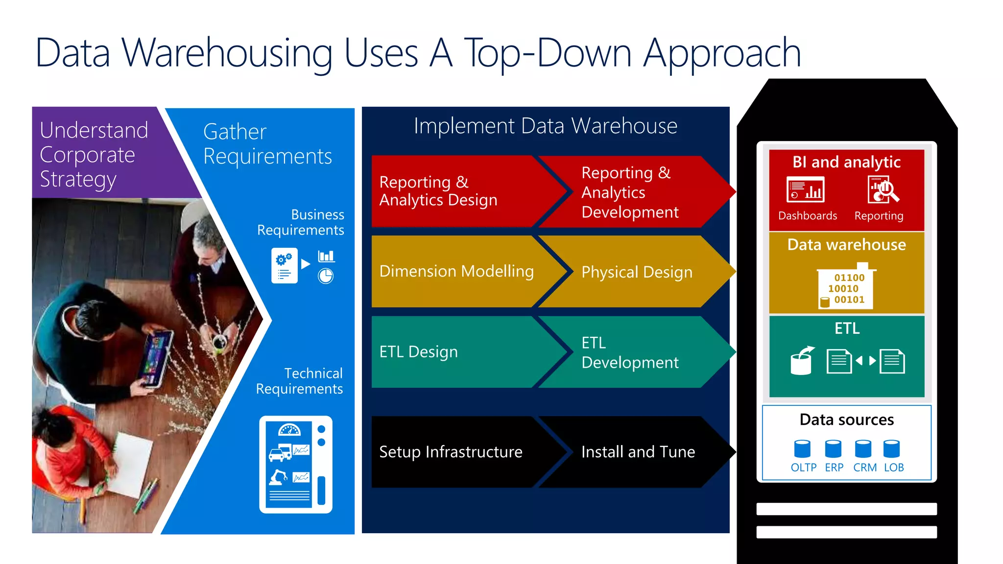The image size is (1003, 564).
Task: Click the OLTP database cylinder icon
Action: pos(802,448)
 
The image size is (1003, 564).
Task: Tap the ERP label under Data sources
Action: pos(834,468)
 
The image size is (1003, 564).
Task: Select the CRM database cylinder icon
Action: pos(863,448)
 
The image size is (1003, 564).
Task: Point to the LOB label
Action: pos(894,468)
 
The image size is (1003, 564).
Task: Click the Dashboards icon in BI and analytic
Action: pos(806,190)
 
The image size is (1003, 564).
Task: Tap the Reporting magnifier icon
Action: pos(883,190)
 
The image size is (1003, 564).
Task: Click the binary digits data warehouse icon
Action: pos(846,288)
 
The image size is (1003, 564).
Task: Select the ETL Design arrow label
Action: pos(418,352)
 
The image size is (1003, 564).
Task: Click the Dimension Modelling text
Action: pos(456,271)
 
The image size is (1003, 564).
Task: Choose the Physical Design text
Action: pos(637,272)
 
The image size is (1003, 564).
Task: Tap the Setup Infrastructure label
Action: pos(451,452)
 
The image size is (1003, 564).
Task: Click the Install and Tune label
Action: pos(638,452)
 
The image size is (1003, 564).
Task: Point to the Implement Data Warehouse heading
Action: pos(545,126)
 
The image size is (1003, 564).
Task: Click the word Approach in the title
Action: pos(722,54)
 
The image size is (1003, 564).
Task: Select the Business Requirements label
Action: pos(301,222)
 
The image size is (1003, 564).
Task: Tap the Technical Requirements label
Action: pos(299,381)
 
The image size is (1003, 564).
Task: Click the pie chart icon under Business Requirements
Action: pos(326,277)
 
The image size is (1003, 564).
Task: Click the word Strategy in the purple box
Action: pos(78,180)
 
